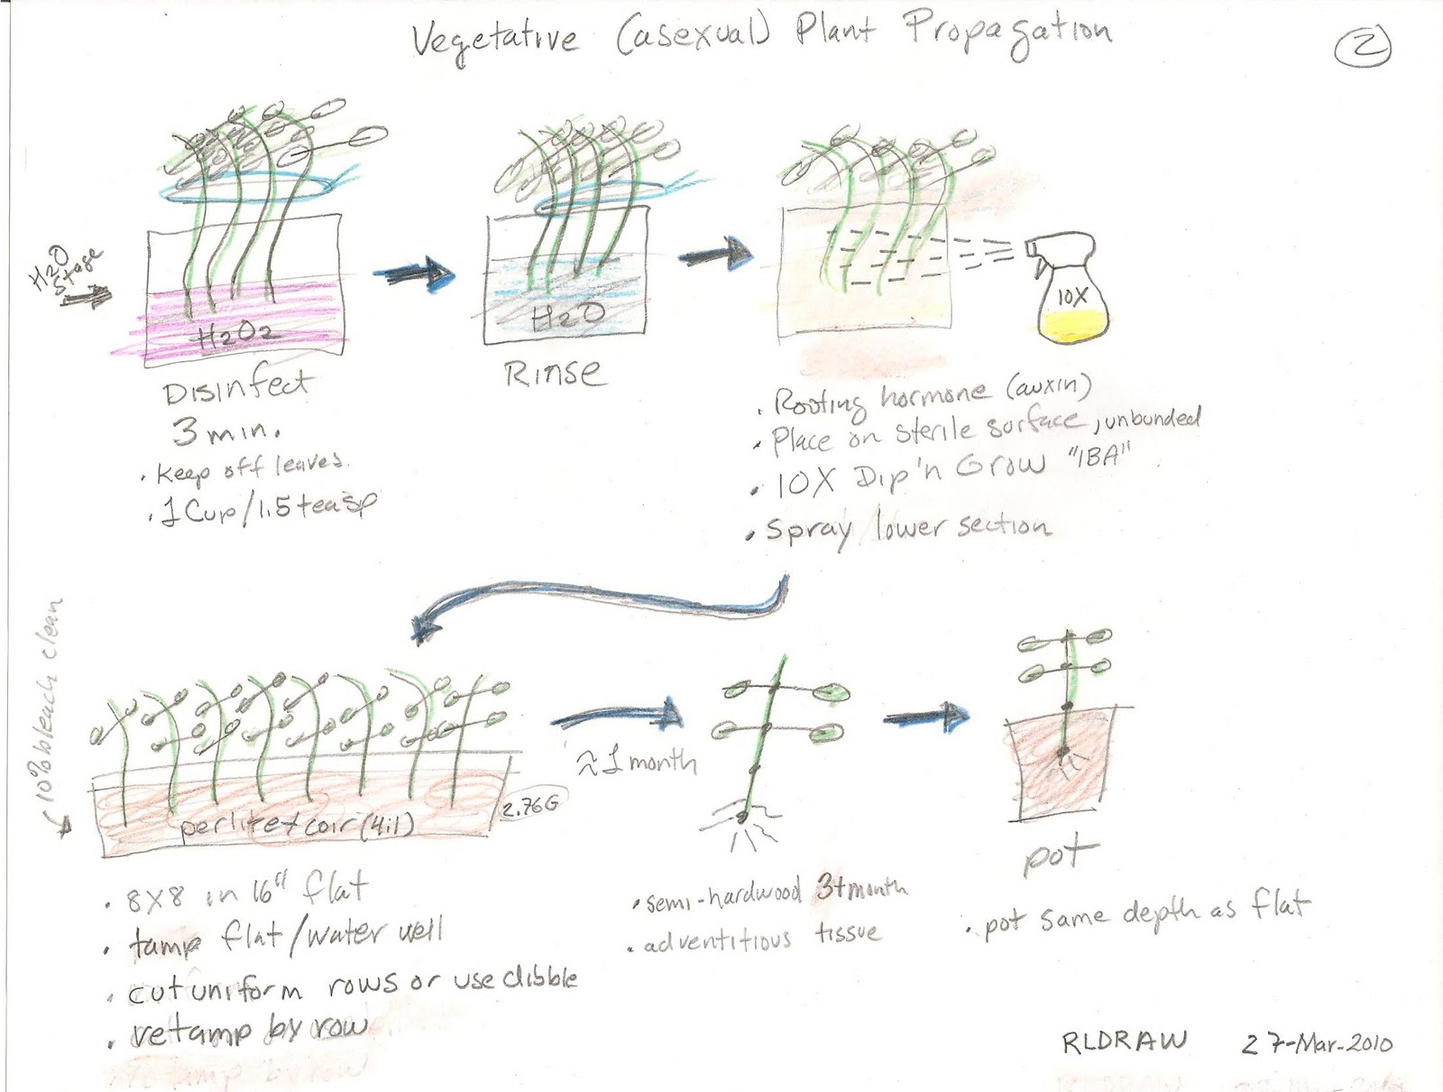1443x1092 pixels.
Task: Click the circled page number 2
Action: tap(1363, 46)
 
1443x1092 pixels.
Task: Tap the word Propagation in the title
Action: tap(1008, 33)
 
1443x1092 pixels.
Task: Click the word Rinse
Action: tap(551, 372)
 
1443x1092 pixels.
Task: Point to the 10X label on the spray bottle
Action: tap(1072, 294)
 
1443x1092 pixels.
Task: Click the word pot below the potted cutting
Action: tap(1061, 856)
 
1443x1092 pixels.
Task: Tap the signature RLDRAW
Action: tap(1124, 1042)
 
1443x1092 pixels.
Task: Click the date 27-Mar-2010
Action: tap(1317, 1044)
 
